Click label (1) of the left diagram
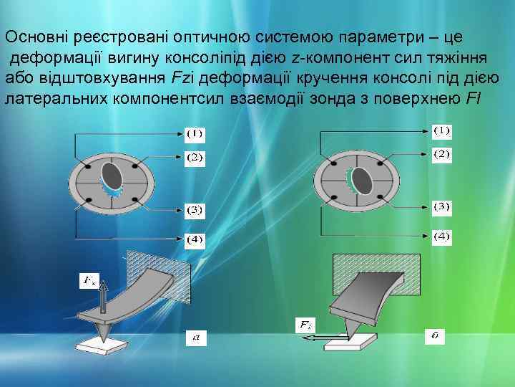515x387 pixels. (x=195, y=133)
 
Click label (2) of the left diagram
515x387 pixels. (x=195, y=156)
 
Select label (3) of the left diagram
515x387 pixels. (x=195, y=210)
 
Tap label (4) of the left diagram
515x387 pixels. (x=195, y=238)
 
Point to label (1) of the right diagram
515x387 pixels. (x=442, y=130)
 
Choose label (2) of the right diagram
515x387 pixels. (x=442, y=154)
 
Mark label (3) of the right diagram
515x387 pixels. (x=442, y=207)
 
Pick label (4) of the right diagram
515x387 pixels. (x=442, y=236)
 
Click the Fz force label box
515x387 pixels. (x=89, y=279)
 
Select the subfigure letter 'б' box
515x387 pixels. (x=434, y=335)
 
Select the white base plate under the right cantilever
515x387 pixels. (x=350, y=340)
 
